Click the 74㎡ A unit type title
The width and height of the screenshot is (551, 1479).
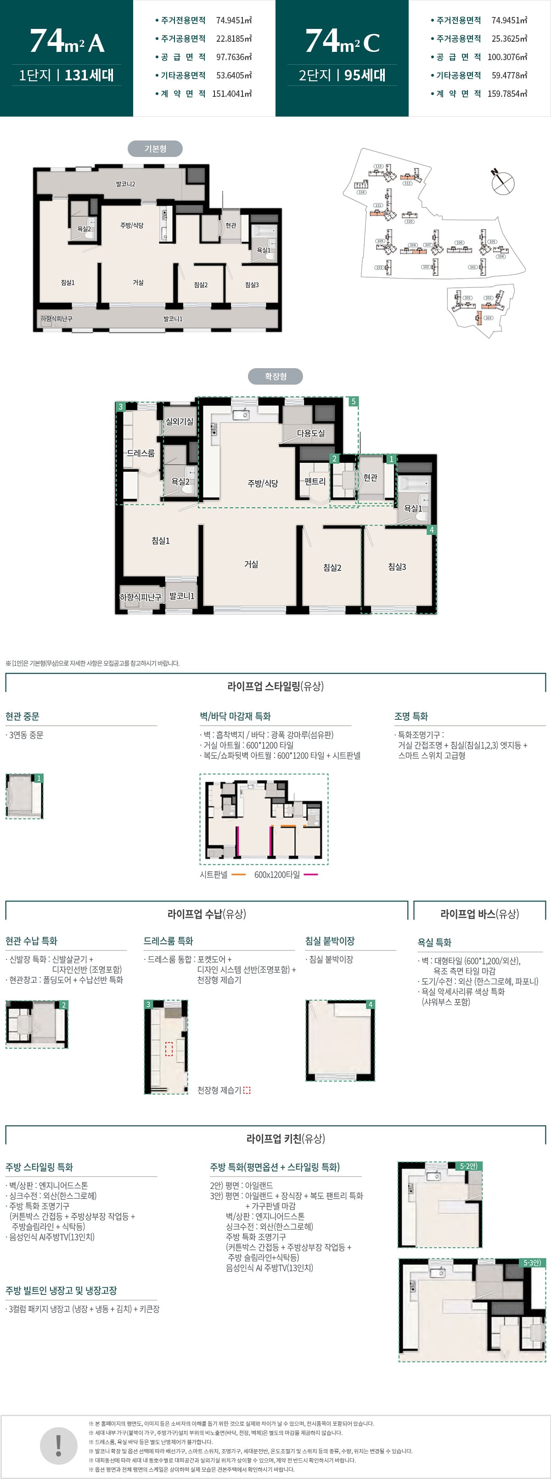coord(67,41)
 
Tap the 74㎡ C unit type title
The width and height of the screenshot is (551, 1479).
coord(342,41)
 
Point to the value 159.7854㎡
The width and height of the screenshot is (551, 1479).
coord(507,94)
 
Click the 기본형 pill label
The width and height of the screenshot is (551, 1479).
coord(155,149)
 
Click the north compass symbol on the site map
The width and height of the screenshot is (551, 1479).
coord(502,181)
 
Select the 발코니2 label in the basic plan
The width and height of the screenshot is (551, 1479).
coord(125,184)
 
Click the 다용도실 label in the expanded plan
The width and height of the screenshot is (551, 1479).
coord(311,433)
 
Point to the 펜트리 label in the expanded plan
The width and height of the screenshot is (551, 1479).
coord(315,481)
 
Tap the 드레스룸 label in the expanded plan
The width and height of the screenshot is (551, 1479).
coord(141,453)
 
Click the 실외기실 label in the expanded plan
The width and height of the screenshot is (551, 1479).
coord(179,421)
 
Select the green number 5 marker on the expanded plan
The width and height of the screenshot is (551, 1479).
coord(354,401)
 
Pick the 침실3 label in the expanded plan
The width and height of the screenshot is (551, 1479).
coord(397,567)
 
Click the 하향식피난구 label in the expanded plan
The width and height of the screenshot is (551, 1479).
coord(140,597)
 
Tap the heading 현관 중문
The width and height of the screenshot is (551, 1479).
coord(22,716)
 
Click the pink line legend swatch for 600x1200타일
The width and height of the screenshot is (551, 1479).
coord(310,874)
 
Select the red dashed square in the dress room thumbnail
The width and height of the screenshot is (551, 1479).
coord(169,1048)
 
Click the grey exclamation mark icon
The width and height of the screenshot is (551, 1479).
coord(59,1445)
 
